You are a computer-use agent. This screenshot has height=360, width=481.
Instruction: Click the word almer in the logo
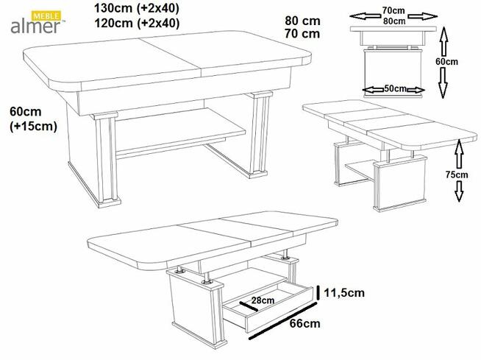click(x=35, y=27)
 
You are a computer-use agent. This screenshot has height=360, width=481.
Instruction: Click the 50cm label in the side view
click(x=395, y=89)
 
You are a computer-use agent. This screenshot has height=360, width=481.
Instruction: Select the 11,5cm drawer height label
click(x=345, y=293)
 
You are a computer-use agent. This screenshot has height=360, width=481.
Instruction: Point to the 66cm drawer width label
click(x=303, y=323)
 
